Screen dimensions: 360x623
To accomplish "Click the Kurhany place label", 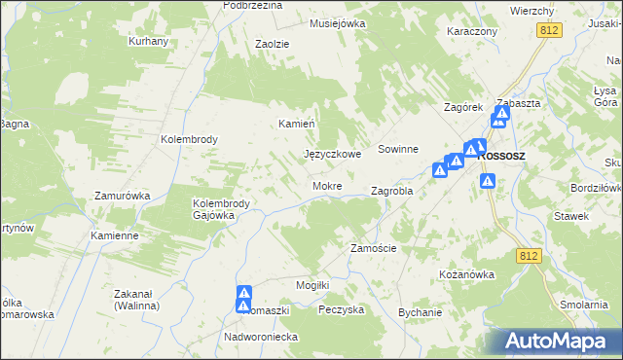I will (x=149, y=41).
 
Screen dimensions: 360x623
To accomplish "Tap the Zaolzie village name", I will (x=274, y=44).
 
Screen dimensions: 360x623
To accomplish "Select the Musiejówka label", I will (x=337, y=22).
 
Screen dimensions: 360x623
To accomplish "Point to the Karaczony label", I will (x=472, y=31).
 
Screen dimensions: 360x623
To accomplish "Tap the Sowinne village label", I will (x=398, y=149).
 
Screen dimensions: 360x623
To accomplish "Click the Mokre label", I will (x=326, y=185).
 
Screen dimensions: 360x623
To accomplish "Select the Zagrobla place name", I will (x=392, y=192).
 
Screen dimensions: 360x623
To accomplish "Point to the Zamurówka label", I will (x=122, y=196).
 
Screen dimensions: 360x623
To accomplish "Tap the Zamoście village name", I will (x=373, y=248).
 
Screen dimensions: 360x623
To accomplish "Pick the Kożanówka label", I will (x=467, y=274).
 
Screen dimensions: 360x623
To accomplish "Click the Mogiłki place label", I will (x=313, y=284).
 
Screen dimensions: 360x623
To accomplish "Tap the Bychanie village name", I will (x=420, y=312).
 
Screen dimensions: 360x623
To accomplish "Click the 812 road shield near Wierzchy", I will (x=549, y=31).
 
